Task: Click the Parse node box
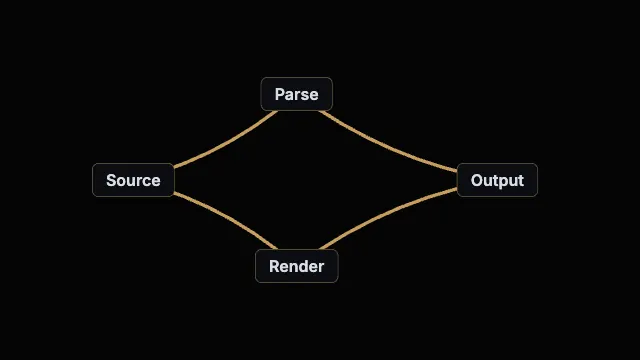(297, 94)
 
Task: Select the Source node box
(133, 180)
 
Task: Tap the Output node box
(497, 180)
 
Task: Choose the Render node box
(297, 266)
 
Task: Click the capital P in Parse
(280, 94)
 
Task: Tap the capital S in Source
(111, 180)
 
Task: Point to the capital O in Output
(477, 180)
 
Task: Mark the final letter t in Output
(520, 181)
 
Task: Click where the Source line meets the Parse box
(276, 111)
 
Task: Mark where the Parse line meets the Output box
(457, 171)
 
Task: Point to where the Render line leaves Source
(175, 193)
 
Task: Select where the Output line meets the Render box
(321, 249)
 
